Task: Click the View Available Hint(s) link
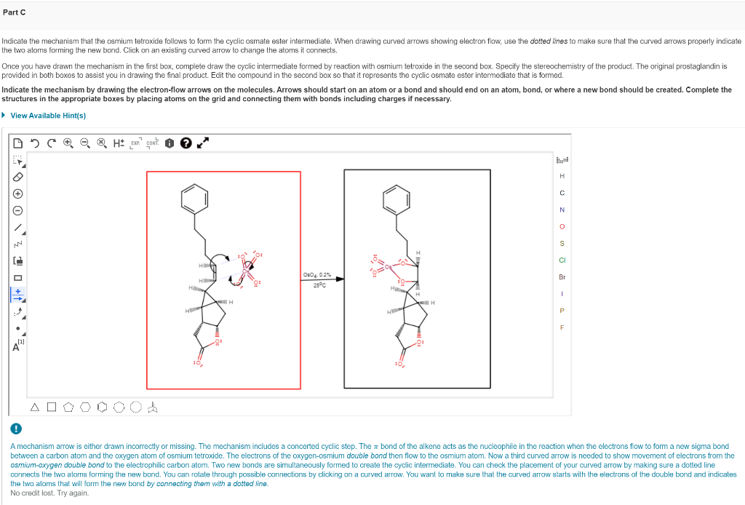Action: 48,116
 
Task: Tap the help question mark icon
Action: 185,143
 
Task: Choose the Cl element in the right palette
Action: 562,260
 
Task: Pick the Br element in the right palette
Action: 562,277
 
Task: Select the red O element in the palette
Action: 562,226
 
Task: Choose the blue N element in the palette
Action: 562,210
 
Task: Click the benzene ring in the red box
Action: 193,196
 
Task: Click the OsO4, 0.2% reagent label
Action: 317,274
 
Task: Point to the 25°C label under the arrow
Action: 318,285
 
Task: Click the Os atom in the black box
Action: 390,268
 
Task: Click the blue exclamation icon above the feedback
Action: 15,429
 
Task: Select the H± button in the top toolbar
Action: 119,143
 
